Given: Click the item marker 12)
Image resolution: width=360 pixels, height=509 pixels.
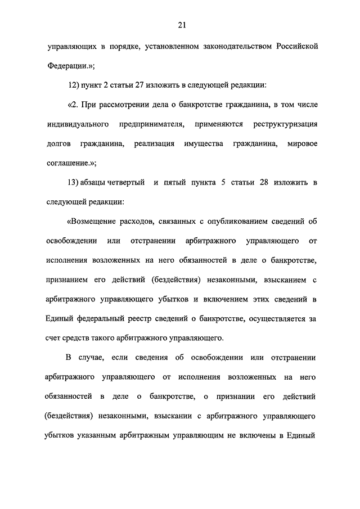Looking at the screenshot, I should point(73,85).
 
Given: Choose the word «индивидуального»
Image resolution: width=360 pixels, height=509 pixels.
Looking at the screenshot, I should point(77,124).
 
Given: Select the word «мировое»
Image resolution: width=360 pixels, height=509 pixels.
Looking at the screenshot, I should point(302,143).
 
